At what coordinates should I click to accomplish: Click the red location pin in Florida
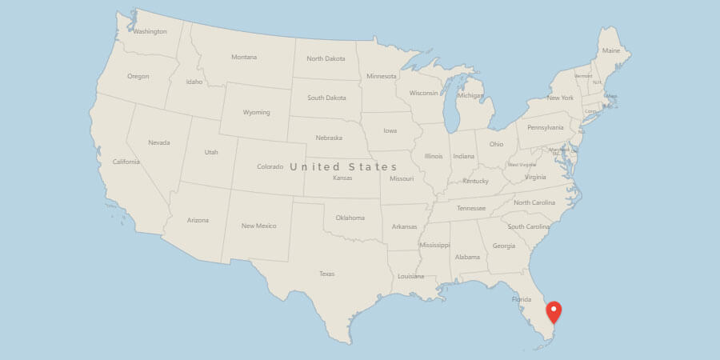pos(554,310)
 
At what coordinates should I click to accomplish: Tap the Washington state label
pos(150,32)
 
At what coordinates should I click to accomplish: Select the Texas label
pos(326,274)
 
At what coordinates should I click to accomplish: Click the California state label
pos(126,162)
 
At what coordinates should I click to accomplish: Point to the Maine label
pos(611,50)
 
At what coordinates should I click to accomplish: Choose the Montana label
pos(244,57)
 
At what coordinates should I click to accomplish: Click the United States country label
pos(343,166)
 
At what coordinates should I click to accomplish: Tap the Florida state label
pos(522,300)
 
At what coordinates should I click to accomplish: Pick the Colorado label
pos(270,166)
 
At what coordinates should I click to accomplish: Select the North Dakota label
pos(326,58)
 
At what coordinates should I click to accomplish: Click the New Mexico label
pos(259,226)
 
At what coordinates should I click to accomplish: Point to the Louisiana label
pos(410,276)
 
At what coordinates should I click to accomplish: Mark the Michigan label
pos(470,96)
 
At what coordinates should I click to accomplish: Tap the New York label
pos(560,98)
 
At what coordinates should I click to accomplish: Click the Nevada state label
pos(159,142)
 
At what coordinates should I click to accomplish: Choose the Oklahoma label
pos(350,218)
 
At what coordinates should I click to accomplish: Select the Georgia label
pos(504,246)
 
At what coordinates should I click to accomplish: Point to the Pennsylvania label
pos(545,127)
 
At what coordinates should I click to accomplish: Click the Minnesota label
pos(381,76)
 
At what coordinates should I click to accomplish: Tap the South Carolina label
pos(528,226)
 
